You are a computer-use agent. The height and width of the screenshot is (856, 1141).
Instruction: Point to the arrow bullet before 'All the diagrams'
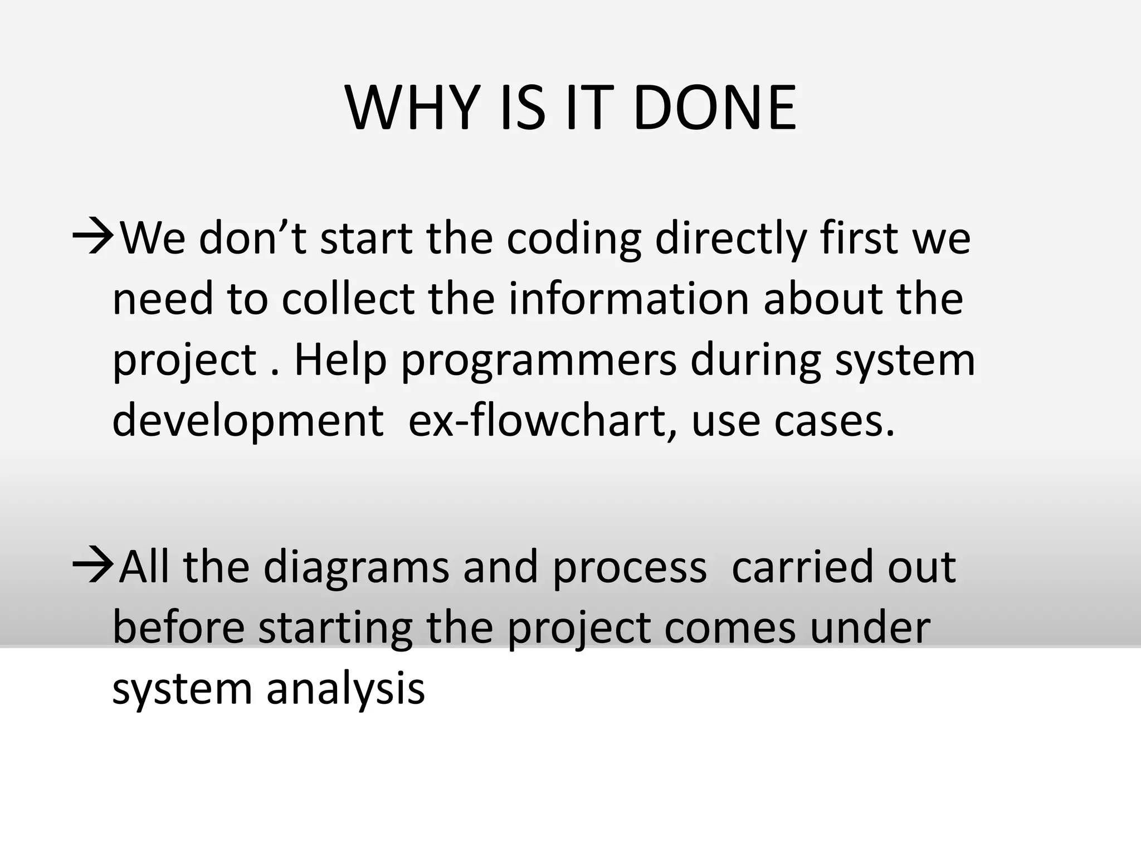point(93,566)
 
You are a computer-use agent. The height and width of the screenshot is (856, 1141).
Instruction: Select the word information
point(628,299)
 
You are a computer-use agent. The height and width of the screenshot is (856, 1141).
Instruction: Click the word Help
point(340,359)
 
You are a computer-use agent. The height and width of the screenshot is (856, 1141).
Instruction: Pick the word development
point(247,421)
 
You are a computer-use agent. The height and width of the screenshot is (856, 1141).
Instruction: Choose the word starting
point(335,629)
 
